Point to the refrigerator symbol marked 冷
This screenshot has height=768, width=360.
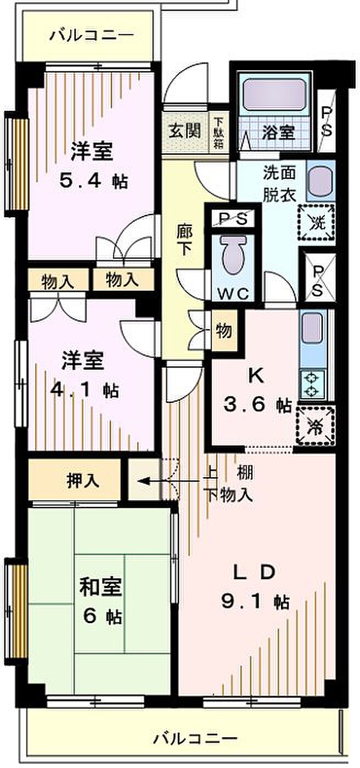(315, 426)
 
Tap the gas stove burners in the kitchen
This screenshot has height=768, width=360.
(312, 385)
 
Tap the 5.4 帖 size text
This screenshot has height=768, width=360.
(94, 182)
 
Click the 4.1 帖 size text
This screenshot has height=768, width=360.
(85, 390)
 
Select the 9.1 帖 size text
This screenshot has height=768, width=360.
(255, 602)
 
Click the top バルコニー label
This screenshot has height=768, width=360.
(92, 35)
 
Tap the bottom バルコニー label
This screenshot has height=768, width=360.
(195, 737)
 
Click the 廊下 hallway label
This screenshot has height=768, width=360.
(184, 240)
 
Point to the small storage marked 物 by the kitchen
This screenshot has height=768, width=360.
(223, 331)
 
